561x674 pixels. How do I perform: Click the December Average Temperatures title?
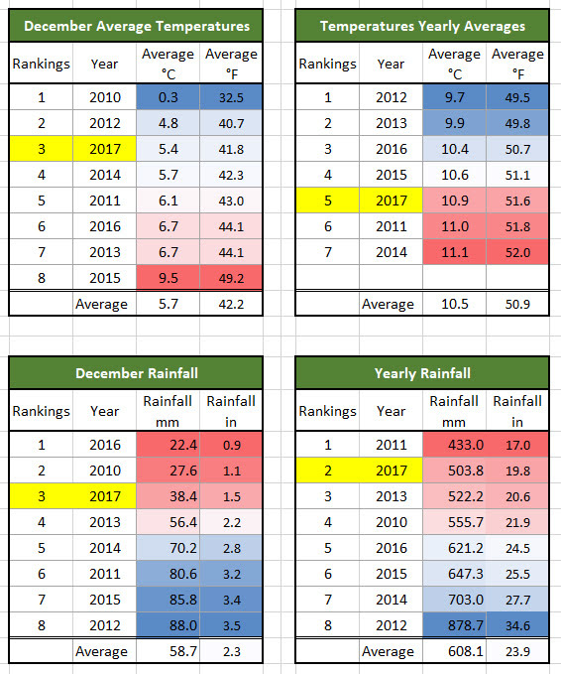tap(136, 26)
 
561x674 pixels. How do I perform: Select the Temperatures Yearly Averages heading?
tap(422, 26)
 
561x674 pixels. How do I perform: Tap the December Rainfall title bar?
tap(136, 373)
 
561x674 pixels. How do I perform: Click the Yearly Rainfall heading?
tap(422, 373)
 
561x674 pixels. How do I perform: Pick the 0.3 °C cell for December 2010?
tap(168, 97)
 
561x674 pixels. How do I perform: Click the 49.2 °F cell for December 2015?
tap(231, 278)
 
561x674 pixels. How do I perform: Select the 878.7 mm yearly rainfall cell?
tap(454, 625)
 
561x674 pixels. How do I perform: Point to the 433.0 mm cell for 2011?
tap(454, 445)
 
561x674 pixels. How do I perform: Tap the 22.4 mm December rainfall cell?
tap(168, 445)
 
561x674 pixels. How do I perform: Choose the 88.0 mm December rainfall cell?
tap(168, 625)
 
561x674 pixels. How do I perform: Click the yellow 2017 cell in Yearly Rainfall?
tap(392, 471)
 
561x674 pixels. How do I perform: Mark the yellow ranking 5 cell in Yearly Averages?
tap(327, 201)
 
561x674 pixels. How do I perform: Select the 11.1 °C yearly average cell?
tap(454, 252)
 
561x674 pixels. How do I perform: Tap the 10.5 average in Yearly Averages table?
tap(454, 304)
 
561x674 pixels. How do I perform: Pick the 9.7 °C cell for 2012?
tap(454, 97)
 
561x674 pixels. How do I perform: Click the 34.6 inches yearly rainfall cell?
tap(517, 625)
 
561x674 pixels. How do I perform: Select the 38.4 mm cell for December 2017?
tap(168, 496)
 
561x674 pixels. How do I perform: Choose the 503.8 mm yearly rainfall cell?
tap(454, 471)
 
